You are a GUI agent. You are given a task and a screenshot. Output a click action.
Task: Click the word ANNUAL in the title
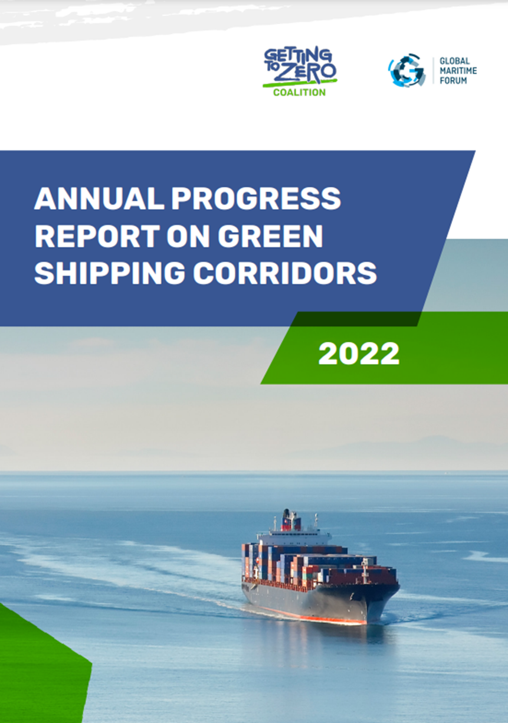[x=99, y=198]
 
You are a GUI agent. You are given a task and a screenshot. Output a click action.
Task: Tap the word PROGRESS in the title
[x=255, y=198]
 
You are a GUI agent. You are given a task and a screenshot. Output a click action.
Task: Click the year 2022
[x=359, y=354]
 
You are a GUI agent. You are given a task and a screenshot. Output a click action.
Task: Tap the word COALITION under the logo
[x=299, y=92]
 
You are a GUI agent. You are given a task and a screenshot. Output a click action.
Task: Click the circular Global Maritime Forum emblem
[x=406, y=70]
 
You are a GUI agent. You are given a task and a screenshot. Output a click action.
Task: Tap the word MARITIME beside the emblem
[x=458, y=71]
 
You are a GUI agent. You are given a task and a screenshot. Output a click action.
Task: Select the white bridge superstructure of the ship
[x=296, y=538]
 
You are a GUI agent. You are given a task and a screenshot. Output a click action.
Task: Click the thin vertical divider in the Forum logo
[x=433, y=71]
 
